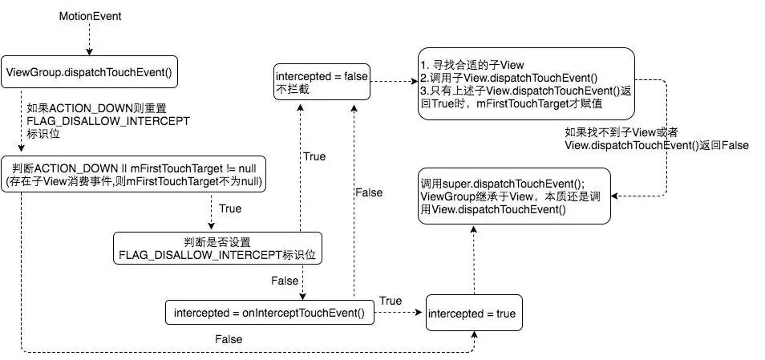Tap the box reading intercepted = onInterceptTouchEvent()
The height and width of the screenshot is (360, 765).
(269, 313)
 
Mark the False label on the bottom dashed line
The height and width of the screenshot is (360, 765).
(229, 339)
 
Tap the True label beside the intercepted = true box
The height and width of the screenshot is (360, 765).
(391, 301)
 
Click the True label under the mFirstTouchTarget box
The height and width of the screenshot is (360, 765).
(230, 208)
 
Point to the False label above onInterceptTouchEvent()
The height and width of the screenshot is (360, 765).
(368, 192)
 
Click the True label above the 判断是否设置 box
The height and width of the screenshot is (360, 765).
(315, 156)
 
